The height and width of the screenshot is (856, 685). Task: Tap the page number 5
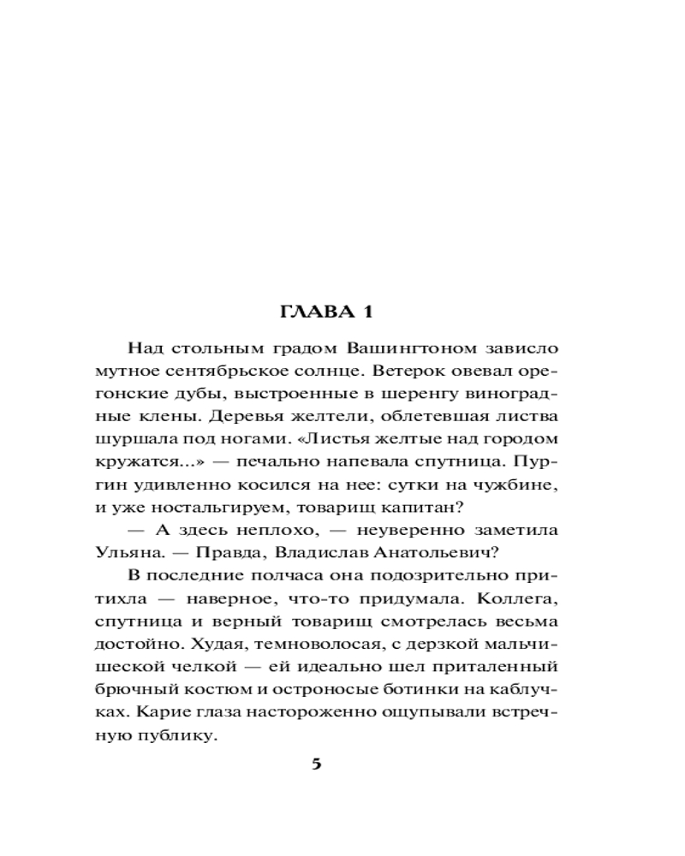coord(316,764)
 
